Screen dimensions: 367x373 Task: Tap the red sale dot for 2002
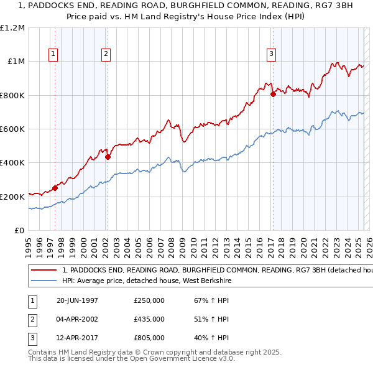point(108,157)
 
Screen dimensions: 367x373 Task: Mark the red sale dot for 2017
point(273,95)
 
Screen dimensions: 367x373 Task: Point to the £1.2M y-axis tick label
point(12,28)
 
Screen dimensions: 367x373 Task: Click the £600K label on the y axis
point(12,129)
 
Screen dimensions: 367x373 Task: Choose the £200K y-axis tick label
point(12,197)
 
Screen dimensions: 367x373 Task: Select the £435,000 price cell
point(149,319)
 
